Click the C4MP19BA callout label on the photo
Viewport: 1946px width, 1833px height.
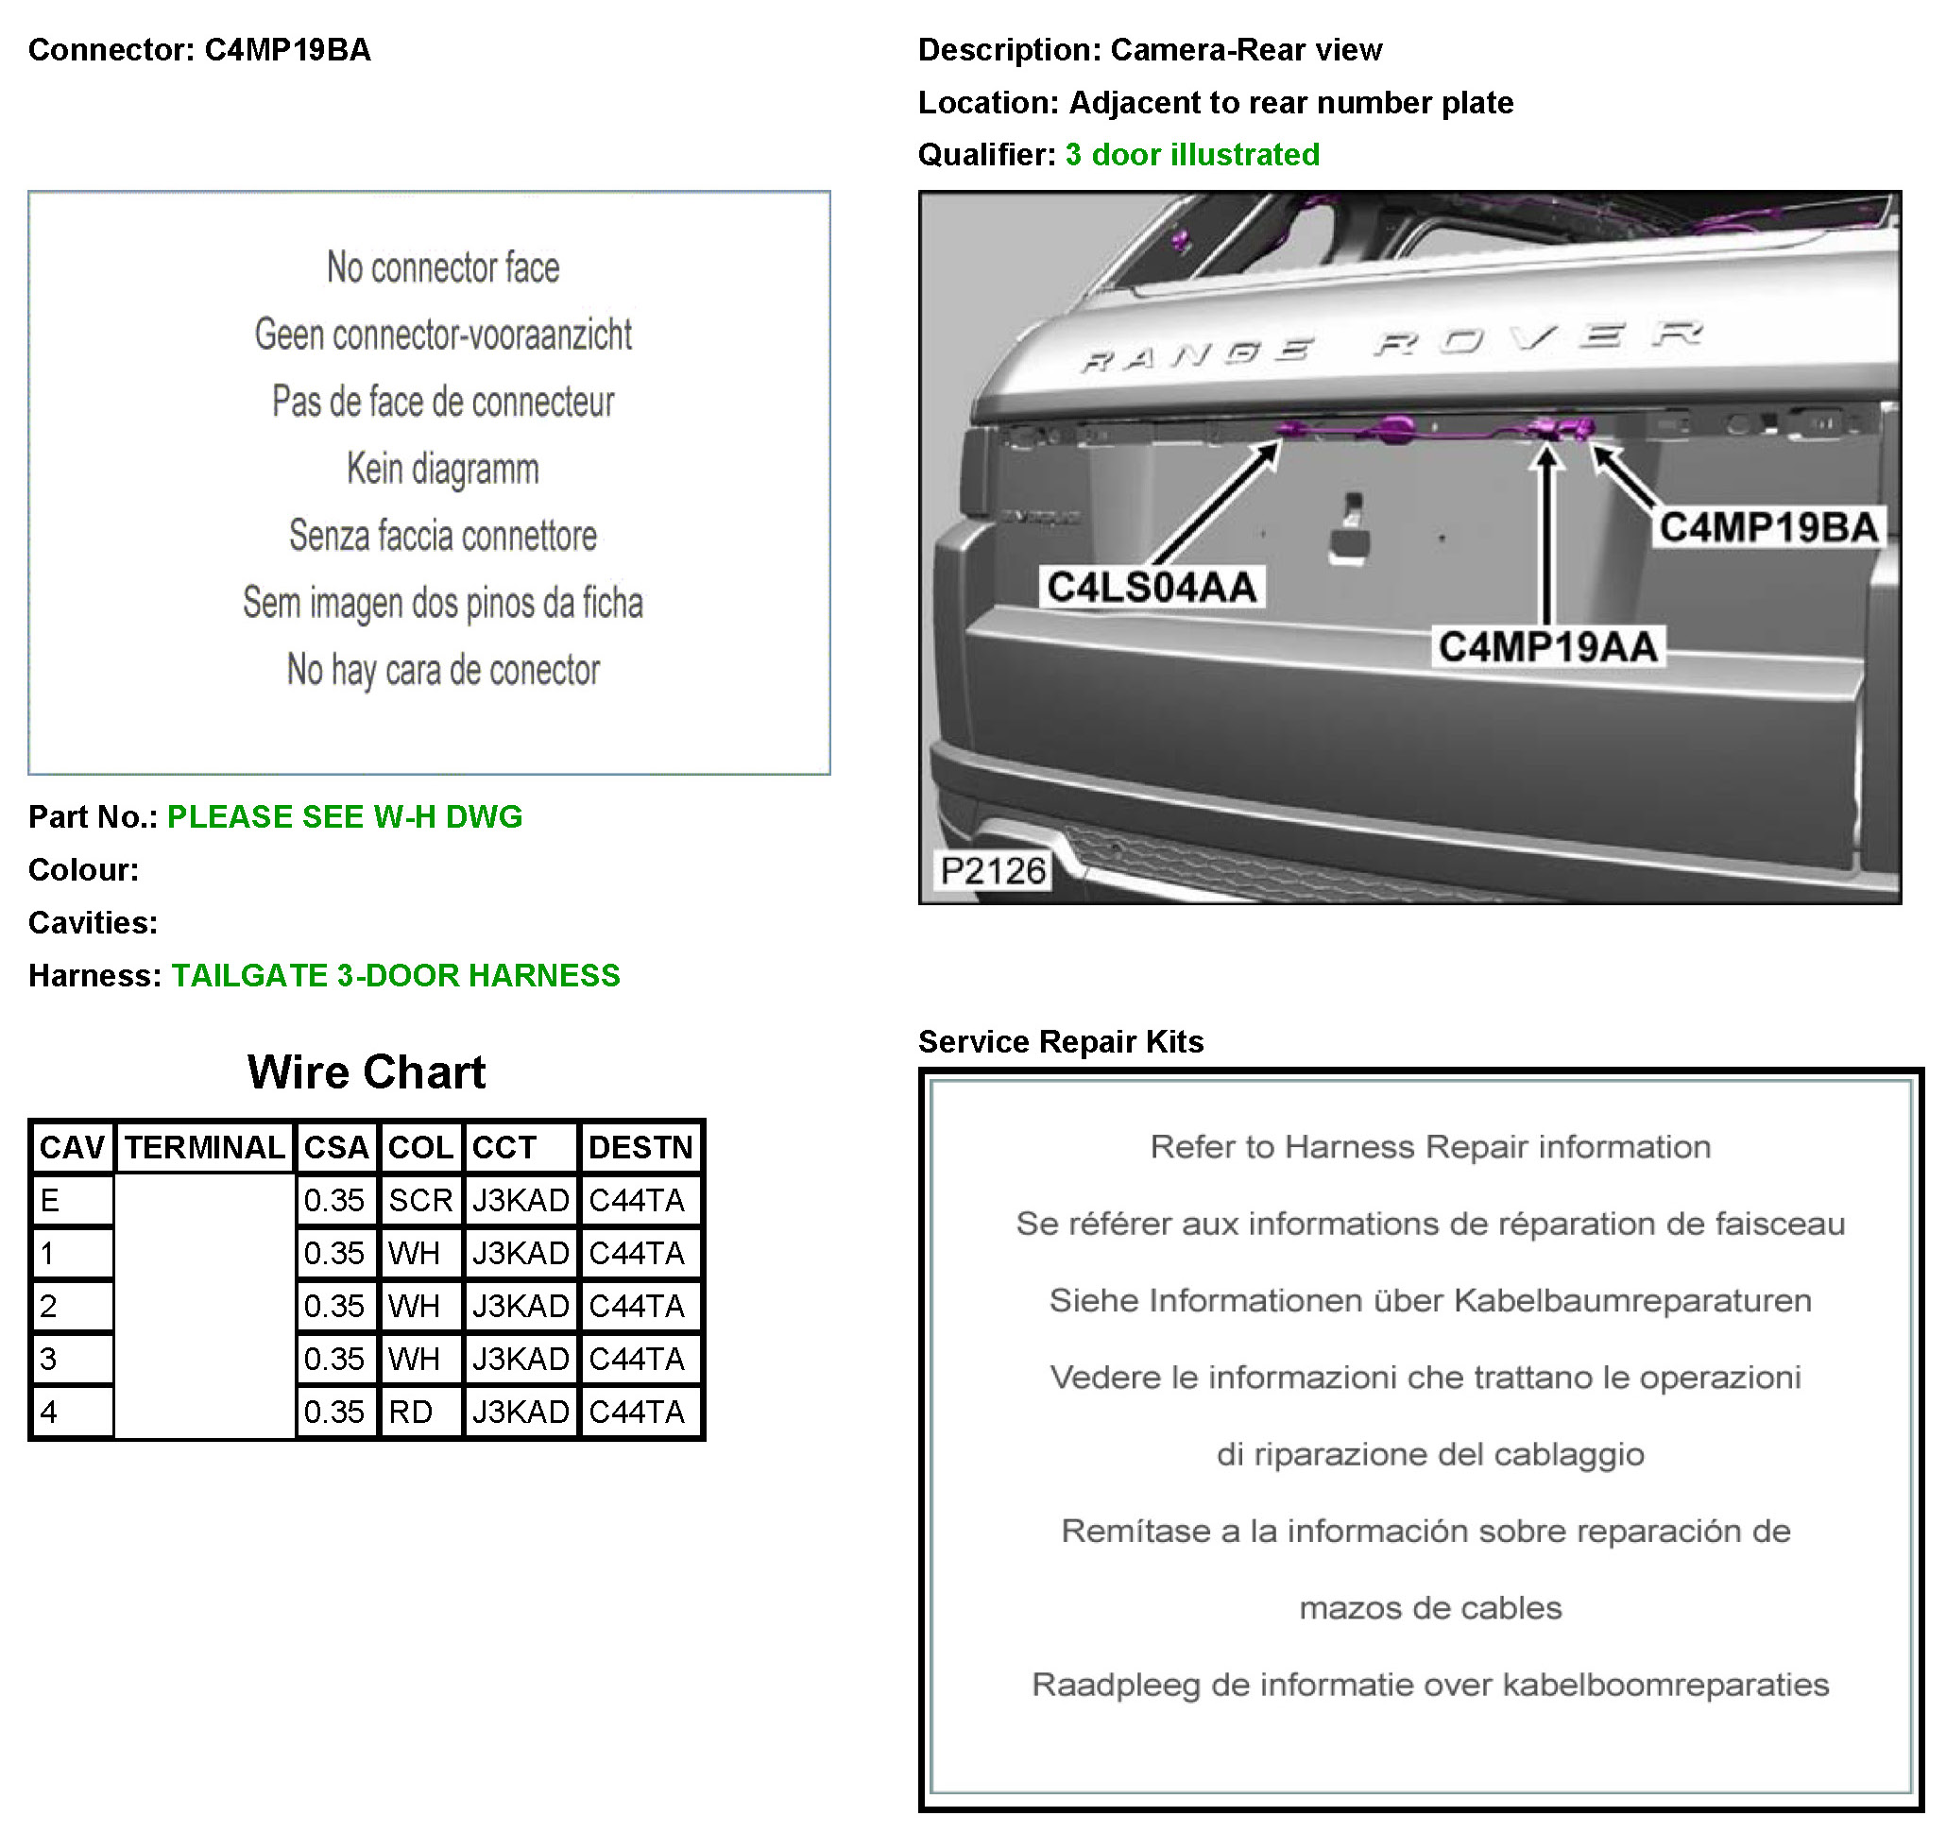pyautogui.click(x=1767, y=528)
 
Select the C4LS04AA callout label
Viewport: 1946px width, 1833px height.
pyautogui.click(x=1152, y=588)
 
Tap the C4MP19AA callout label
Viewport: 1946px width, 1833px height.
pyautogui.click(x=1547, y=647)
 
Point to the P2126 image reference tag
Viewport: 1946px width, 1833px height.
pyautogui.click(x=992, y=870)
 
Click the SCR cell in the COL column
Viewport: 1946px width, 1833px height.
pyautogui.click(x=420, y=1201)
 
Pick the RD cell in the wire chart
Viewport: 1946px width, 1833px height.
pyautogui.click(x=411, y=1412)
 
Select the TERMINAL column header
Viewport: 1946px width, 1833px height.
pyautogui.click(x=205, y=1148)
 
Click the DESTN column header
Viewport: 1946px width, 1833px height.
pyautogui.click(x=640, y=1148)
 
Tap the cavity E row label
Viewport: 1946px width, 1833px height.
pyautogui.click(x=50, y=1201)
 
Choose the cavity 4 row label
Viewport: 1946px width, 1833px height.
pyautogui.click(x=49, y=1412)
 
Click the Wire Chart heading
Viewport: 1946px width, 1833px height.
pyautogui.click(x=367, y=1072)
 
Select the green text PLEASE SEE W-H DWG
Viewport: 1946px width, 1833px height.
pyautogui.click(x=345, y=816)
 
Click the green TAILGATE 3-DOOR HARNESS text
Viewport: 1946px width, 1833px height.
pyautogui.click(x=396, y=975)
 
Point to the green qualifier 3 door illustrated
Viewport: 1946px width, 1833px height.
pyautogui.click(x=1191, y=155)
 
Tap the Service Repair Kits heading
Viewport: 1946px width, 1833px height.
pyautogui.click(x=1060, y=1042)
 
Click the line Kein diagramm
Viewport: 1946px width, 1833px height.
pyautogui.click(x=442, y=469)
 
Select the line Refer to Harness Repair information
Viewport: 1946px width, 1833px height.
pyautogui.click(x=1429, y=1147)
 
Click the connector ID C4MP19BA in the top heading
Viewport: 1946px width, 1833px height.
pyautogui.click(x=287, y=50)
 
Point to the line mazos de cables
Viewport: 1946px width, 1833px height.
pyautogui.click(x=1429, y=1608)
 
